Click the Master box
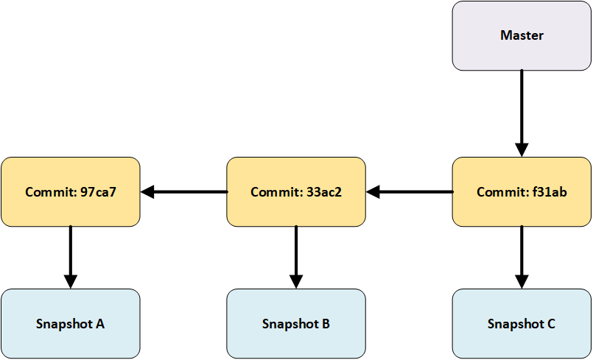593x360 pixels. click(522, 35)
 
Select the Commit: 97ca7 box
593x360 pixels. click(70, 191)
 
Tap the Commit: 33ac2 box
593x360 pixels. click(295, 191)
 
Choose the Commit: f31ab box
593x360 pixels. click(522, 191)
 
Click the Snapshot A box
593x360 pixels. click(70, 323)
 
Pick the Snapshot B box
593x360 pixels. click(295, 323)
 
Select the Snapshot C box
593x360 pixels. click(522, 323)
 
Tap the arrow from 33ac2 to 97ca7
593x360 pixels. click(183, 192)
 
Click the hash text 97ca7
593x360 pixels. click(97, 192)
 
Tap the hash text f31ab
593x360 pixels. click(549, 192)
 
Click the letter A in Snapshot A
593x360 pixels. click(99, 324)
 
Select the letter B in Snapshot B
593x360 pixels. click(325, 324)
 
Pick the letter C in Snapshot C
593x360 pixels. click(550, 324)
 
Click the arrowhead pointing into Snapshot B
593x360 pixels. click(295, 280)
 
